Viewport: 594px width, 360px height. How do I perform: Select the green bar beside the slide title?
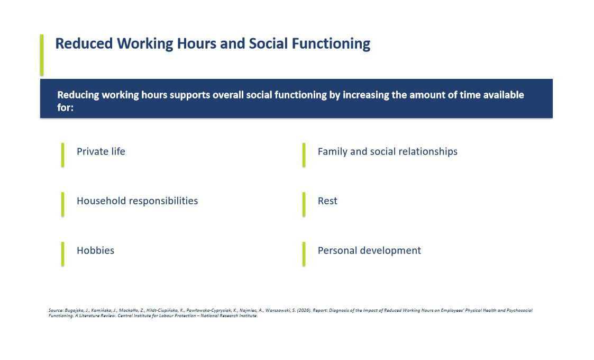pos(42,55)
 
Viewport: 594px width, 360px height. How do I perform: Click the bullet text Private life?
pos(101,151)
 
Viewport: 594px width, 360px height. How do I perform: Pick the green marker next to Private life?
pos(62,155)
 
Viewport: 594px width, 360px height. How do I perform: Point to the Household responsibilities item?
pos(137,201)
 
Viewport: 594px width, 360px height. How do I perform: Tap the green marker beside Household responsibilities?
pos(62,204)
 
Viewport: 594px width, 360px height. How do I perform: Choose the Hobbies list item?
pos(95,250)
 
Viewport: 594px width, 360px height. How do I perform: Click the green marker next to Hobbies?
pos(62,254)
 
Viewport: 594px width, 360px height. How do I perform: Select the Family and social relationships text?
pos(388,151)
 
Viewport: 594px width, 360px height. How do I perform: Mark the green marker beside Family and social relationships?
pos(304,155)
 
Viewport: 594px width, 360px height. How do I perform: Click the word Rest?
pos(327,201)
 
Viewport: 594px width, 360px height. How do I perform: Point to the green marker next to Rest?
pos(304,204)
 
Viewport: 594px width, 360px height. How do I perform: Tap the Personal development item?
pos(369,250)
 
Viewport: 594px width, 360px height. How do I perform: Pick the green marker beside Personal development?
pos(304,254)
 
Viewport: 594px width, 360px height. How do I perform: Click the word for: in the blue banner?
pos(65,107)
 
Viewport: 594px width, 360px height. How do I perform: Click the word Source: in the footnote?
pos(56,310)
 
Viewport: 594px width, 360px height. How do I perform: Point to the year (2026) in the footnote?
pos(304,310)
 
